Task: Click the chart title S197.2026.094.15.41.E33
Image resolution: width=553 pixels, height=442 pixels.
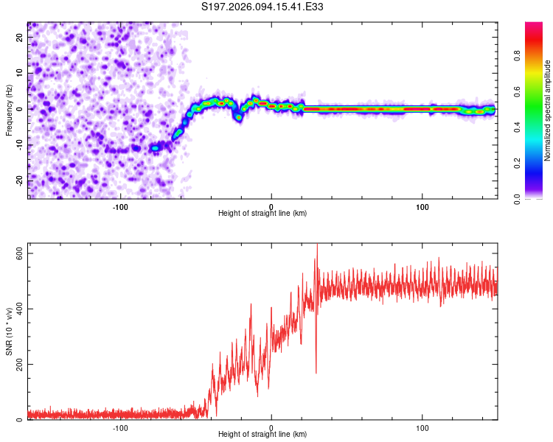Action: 263,7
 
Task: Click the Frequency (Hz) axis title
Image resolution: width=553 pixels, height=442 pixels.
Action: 9,110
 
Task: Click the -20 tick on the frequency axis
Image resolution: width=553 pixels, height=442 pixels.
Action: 19,180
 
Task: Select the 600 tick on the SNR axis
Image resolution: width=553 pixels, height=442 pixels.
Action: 15,253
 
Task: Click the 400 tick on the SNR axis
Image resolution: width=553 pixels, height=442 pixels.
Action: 15,308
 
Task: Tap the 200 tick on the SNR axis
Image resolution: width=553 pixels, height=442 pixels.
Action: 15,364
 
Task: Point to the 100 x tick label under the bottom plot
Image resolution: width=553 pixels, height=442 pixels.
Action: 422,427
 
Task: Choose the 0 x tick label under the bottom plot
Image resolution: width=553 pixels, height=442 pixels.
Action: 271,427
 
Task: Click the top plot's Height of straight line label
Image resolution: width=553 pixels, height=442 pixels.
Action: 262,213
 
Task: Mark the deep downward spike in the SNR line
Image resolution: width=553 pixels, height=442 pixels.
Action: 316,372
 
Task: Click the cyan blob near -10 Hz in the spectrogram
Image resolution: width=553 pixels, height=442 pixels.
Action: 155,148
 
